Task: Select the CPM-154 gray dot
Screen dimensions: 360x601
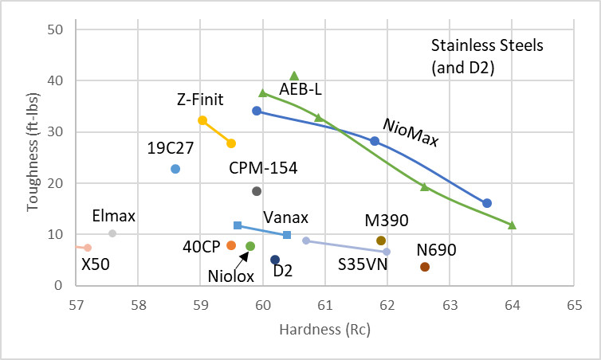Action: tap(257, 191)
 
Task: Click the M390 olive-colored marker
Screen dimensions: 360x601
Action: tap(381, 241)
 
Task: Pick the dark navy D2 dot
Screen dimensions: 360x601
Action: tap(275, 260)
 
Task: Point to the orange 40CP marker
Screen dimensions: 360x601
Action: tap(231, 245)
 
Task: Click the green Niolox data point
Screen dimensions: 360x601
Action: tap(250, 247)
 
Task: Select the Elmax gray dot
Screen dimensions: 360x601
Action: tap(112, 233)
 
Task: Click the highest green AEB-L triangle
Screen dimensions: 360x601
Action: tap(294, 76)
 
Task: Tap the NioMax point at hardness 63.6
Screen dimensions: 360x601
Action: tap(487, 203)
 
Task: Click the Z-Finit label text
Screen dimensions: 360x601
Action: tap(200, 100)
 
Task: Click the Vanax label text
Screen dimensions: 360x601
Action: tap(286, 217)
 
